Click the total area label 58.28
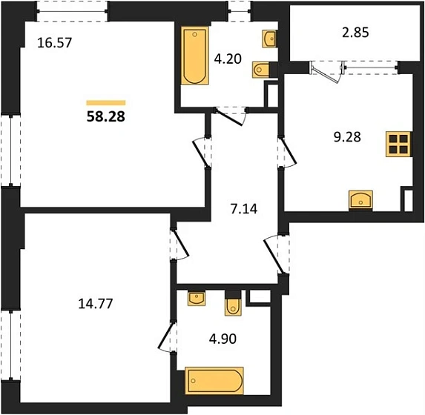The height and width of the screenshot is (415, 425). coord(106,116)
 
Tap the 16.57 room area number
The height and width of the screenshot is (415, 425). coord(54,43)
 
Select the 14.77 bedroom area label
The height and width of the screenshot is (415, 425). coord(96,303)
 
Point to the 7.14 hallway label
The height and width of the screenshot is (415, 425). coord(244,209)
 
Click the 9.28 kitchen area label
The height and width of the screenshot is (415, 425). coord(347,137)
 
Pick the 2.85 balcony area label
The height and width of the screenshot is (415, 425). coord(355,33)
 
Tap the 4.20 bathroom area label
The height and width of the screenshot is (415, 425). coord(228,59)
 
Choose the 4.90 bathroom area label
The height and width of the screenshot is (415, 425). coord(223,339)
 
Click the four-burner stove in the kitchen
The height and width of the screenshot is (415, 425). coord(398,144)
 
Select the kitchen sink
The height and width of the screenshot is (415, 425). coord(360,200)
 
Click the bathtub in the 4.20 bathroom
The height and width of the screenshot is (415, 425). coord(194,56)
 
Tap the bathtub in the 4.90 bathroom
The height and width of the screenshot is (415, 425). coord(214,381)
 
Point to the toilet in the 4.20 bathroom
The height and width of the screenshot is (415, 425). coord(260,70)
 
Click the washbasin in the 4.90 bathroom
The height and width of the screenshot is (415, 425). coord(197,299)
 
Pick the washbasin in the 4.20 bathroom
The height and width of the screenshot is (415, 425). coord(269,39)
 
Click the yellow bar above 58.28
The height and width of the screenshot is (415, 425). coord(106,103)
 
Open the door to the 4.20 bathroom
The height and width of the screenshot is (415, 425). coord(231,116)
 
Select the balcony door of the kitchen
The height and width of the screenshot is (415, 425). coord(327,71)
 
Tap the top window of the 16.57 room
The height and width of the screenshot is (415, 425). coord(72,11)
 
